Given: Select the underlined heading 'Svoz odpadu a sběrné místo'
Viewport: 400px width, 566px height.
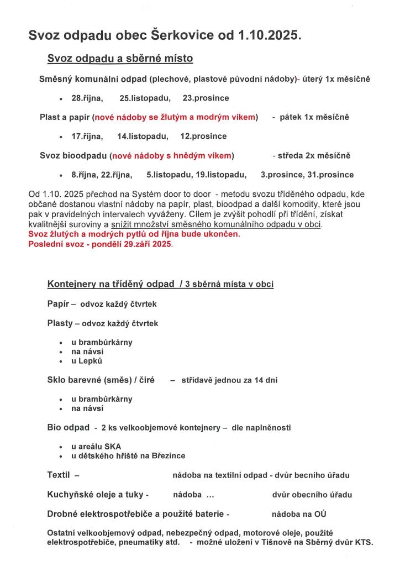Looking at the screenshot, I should pyautogui.click(x=120, y=59).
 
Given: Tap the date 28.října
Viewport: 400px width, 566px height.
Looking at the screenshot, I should pyautogui.click(x=87, y=98).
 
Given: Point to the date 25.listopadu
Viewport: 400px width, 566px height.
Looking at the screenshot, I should pyautogui.click(x=145, y=98).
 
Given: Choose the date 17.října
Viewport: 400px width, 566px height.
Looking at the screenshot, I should pyautogui.click(x=87, y=136).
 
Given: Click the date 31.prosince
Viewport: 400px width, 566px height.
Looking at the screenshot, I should pyautogui.click(x=330, y=175).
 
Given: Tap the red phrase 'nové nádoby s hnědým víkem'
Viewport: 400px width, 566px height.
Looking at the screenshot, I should pyautogui.click(x=172, y=156).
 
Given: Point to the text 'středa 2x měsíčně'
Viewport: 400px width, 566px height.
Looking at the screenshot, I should pyautogui.click(x=315, y=156).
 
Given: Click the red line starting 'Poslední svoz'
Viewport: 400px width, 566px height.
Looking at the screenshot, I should pyautogui.click(x=101, y=244).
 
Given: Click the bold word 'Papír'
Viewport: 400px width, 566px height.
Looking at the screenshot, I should pyautogui.click(x=59, y=303).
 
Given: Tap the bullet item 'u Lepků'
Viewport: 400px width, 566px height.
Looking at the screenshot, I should pyautogui.click(x=87, y=361).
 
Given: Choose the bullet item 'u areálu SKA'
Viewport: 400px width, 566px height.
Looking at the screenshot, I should pyautogui.click(x=96, y=446).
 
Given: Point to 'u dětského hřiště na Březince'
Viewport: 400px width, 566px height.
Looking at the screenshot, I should pyautogui.click(x=128, y=456).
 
